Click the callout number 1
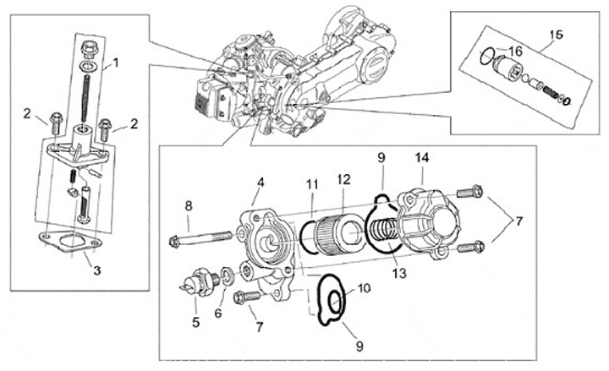coord(117,62)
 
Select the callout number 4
coord(261,182)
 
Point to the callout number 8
coord(189,205)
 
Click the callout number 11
coord(312,183)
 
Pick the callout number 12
coord(343,179)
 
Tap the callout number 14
coord(422,157)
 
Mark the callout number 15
coord(556,35)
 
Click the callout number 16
coord(516,52)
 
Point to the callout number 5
coord(196,321)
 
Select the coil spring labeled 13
coord(386,229)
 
